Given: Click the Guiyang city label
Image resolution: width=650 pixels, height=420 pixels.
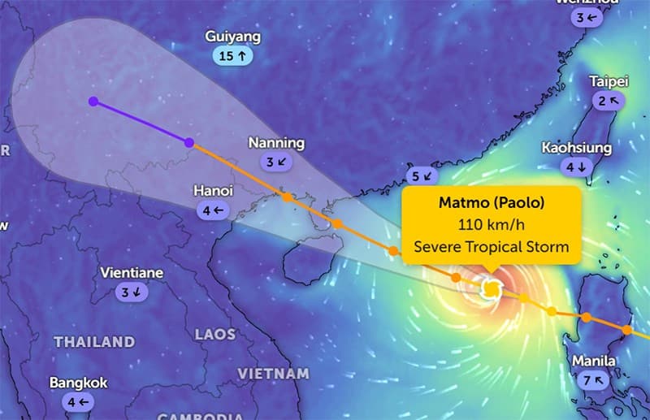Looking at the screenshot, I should tap(233, 37).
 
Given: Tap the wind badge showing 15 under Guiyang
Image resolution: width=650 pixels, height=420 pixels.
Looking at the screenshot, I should tap(233, 56).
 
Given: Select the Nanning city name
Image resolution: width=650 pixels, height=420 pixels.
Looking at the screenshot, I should tap(276, 143).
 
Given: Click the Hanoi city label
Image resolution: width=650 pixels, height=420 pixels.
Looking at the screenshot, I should tap(214, 190).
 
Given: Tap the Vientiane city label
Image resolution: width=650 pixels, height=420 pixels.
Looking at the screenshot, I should tap(131, 273).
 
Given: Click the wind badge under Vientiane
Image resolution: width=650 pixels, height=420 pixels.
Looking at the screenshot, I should tap(131, 292).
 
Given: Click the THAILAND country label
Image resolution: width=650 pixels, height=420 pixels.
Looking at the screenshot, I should tap(94, 342).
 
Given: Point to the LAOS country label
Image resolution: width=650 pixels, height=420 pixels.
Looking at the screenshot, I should tap(215, 335).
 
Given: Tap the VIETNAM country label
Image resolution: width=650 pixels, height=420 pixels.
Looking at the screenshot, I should tap(273, 374).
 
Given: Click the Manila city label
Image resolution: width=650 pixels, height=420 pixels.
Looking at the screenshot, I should tap(593, 361).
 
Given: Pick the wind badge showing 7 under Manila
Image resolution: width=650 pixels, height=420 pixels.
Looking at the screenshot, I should tap(593, 380).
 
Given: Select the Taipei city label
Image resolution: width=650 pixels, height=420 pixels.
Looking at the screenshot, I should tap(609, 81).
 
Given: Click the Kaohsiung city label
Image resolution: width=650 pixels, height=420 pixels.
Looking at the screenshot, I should tap(575, 148).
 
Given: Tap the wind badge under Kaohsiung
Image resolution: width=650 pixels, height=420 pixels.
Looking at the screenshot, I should tap(575, 167).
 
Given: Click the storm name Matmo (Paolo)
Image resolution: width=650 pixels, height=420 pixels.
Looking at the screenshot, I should tap(492, 202).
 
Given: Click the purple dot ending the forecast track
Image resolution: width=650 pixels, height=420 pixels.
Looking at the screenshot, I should tap(93, 102).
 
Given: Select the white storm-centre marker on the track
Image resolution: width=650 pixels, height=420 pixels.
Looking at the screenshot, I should tap(491, 288).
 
